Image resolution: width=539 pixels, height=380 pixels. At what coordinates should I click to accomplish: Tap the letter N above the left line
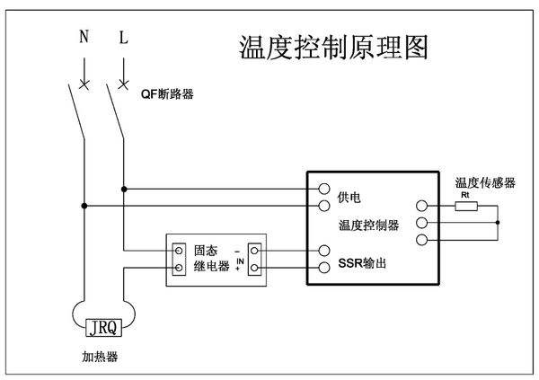click(x=84, y=39)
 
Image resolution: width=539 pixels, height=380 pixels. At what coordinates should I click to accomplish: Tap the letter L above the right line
click(x=123, y=39)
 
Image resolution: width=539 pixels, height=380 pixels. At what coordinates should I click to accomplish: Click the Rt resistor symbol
click(x=465, y=206)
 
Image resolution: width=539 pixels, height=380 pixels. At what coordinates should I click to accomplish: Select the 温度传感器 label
click(x=485, y=182)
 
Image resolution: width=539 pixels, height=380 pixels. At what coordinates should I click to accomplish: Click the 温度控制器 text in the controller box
click(x=368, y=225)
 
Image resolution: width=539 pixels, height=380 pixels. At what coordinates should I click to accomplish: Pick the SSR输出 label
click(x=363, y=267)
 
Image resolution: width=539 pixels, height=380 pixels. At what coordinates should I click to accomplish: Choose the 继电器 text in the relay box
click(x=211, y=268)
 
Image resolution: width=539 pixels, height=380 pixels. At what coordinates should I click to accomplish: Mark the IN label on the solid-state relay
click(x=240, y=261)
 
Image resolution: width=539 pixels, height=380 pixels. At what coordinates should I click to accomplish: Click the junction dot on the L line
click(x=123, y=190)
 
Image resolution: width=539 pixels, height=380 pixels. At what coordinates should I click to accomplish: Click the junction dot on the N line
click(x=84, y=206)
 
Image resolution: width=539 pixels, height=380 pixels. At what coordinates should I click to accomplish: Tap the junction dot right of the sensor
click(x=497, y=222)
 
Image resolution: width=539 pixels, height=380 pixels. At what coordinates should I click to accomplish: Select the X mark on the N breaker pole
click(x=84, y=86)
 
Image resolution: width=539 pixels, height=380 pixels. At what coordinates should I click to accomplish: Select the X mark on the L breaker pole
click(x=123, y=86)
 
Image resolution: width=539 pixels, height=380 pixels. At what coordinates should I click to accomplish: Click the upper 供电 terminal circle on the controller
click(x=324, y=190)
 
